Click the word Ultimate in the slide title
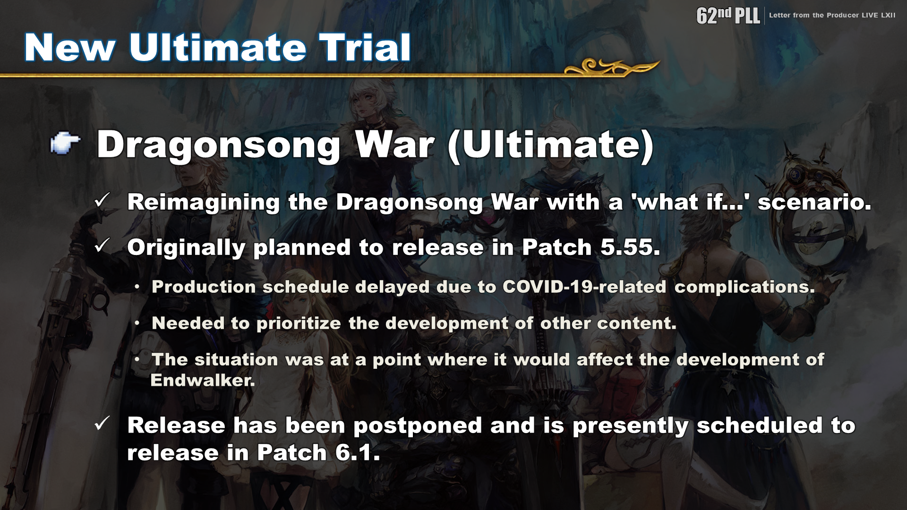click(x=217, y=48)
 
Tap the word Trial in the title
click(x=365, y=48)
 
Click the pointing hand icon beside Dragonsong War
click(x=65, y=143)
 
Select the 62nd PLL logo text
click(x=728, y=15)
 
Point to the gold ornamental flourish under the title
click(x=612, y=67)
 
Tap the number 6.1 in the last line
click(x=358, y=453)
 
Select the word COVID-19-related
click(x=584, y=287)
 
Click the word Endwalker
click(x=203, y=380)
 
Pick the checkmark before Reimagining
click(x=102, y=200)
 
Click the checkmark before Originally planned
click(x=102, y=246)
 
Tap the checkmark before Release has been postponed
click(x=102, y=423)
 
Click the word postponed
click(x=418, y=426)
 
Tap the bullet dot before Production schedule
click(x=137, y=287)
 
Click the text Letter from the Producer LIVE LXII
click(x=832, y=15)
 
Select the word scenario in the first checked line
click(x=814, y=202)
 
